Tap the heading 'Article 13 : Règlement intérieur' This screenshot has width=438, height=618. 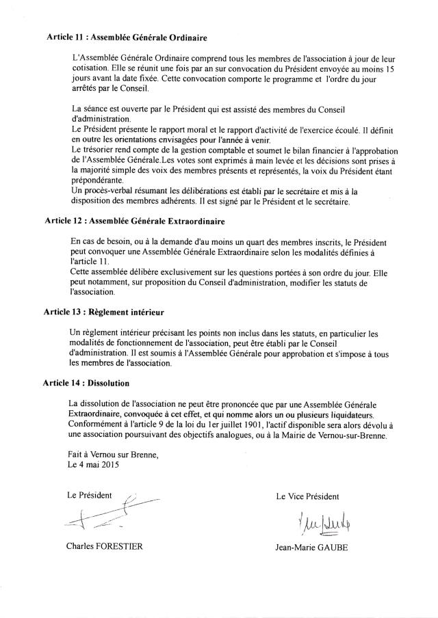click(x=105, y=312)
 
